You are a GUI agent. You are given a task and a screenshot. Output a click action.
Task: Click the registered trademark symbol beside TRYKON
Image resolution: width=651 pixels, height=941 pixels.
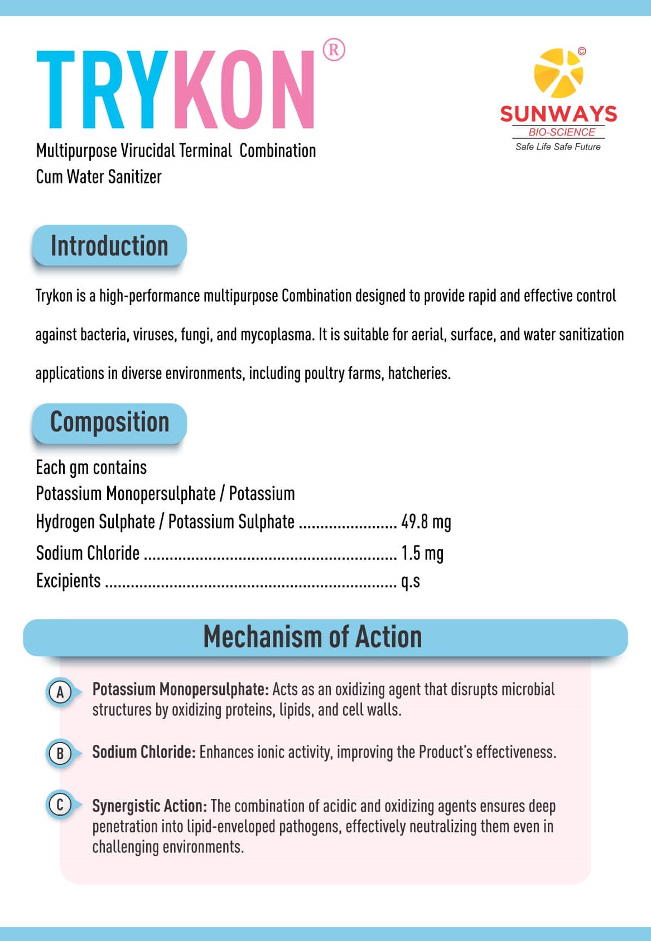[x=334, y=50]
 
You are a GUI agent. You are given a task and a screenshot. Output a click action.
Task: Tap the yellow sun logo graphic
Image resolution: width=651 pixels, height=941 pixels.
[x=558, y=73]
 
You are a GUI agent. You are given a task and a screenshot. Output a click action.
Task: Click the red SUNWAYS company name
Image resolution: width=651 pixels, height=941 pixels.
[x=558, y=114]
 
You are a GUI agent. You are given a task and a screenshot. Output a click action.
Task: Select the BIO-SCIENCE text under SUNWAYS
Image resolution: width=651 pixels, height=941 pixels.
[x=561, y=132]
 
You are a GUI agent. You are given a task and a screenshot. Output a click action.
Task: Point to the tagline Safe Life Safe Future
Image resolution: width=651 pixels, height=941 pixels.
[x=558, y=147]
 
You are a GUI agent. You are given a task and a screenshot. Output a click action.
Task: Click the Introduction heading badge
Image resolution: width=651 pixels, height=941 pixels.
[x=109, y=246]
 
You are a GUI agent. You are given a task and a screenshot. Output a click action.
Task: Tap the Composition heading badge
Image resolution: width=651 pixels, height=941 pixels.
[x=109, y=422]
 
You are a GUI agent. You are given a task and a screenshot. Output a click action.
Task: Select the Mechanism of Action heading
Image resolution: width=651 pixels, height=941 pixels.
[x=312, y=637]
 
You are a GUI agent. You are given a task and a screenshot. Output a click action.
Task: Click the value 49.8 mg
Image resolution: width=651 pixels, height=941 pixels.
[x=426, y=522]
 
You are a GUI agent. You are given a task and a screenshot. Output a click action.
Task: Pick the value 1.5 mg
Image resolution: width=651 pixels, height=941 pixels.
[x=422, y=553]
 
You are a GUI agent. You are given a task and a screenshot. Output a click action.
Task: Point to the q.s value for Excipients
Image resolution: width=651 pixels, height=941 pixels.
[x=411, y=581]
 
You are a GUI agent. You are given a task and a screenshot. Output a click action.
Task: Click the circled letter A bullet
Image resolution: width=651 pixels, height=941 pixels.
[x=60, y=692]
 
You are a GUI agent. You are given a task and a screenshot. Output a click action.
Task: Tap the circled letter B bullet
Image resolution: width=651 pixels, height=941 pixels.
[x=60, y=754]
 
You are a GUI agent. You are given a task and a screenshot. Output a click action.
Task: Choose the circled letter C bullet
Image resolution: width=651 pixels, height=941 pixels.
[x=60, y=805]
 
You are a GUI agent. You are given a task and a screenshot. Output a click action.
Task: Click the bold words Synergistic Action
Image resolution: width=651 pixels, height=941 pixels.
[x=150, y=806]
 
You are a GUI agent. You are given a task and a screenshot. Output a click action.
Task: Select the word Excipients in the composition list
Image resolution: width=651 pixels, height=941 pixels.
[x=69, y=581]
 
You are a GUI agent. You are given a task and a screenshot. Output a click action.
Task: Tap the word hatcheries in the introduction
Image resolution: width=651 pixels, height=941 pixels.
[x=419, y=373]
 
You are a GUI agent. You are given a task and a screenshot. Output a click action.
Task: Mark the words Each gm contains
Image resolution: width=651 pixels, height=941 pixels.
[x=91, y=468]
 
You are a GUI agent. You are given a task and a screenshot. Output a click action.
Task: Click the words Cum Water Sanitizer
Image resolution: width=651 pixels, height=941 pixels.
[x=99, y=177]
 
